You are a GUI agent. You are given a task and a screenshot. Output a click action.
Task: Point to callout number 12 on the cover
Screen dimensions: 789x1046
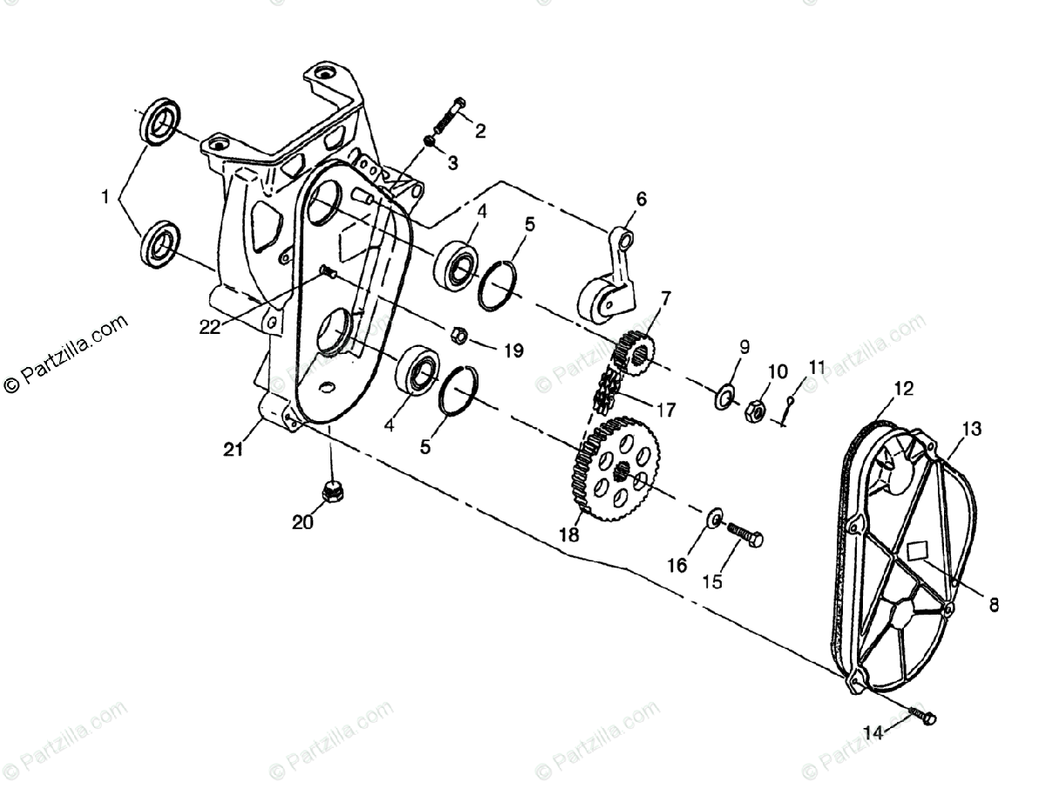click(903, 389)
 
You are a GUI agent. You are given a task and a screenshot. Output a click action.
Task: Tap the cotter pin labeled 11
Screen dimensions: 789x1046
click(787, 409)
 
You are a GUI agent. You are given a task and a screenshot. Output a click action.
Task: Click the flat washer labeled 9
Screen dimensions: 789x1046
click(723, 398)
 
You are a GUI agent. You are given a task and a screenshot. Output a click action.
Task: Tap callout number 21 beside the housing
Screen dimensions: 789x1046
click(232, 449)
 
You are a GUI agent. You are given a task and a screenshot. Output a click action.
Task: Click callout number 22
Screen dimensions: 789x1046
click(210, 326)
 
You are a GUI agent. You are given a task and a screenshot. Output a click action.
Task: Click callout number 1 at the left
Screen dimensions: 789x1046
click(105, 198)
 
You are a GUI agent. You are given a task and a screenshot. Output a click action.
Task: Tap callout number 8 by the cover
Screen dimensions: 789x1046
click(994, 603)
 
